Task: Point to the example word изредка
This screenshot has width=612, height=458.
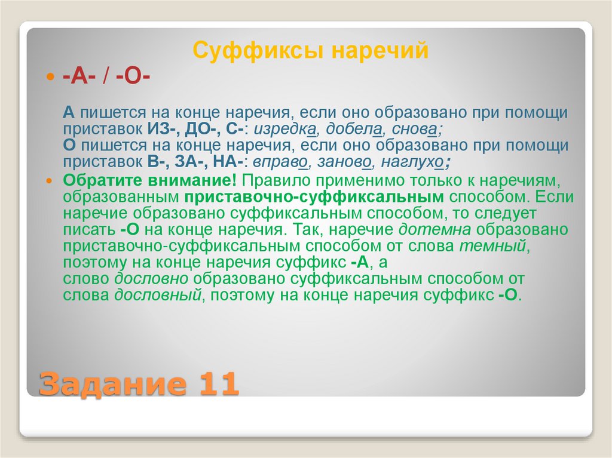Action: click(x=283, y=129)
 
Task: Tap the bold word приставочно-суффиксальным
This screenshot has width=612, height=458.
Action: click(x=314, y=197)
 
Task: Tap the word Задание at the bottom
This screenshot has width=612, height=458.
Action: click(x=109, y=383)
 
